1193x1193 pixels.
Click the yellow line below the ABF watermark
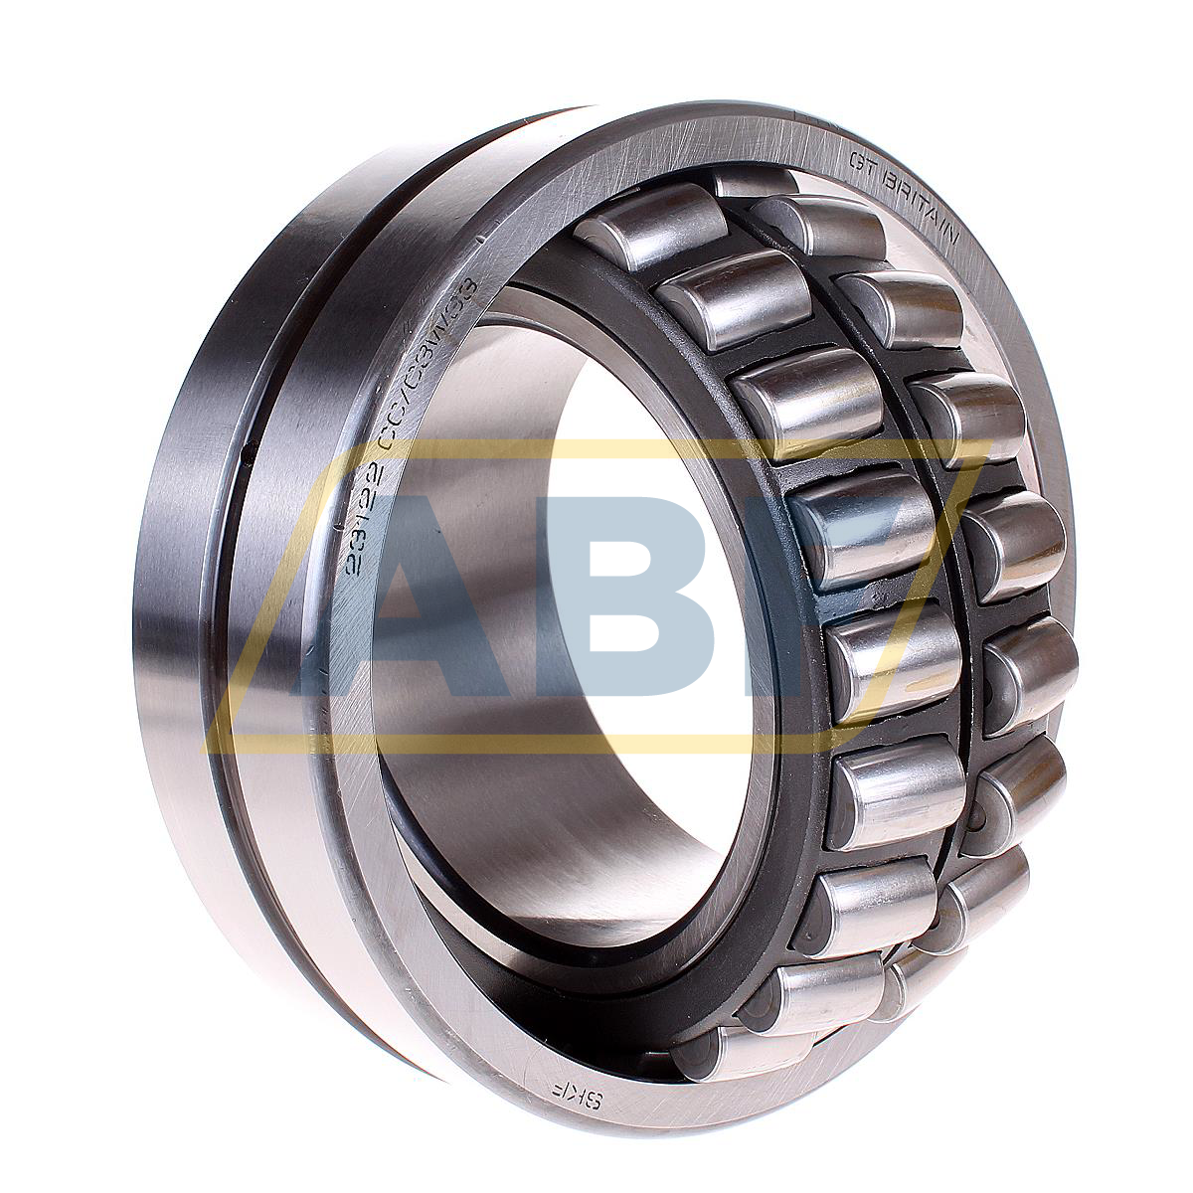click(x=497, y=743)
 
